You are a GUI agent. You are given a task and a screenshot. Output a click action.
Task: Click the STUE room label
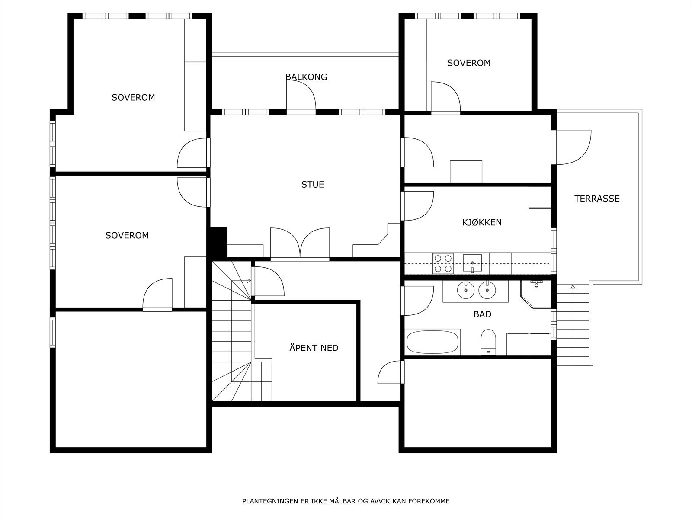tap(312, 184)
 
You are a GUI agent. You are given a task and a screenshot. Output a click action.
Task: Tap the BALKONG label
tap(306, 77)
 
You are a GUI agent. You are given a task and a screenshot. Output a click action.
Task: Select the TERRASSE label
tap(597, 199)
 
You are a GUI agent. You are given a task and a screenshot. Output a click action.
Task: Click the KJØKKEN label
tap(482, 222)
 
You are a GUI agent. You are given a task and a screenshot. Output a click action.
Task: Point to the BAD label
tap(482, 314)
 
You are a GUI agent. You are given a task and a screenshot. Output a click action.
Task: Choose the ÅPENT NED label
tap(314, 348)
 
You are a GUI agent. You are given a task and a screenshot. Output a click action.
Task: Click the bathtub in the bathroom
tap(432, 342)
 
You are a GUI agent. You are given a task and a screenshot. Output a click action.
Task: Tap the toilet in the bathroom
tap(488, 342)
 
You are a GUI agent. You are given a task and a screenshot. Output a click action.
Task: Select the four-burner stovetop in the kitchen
tap(443, 263)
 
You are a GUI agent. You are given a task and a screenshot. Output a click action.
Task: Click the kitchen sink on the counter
tap(472, 263)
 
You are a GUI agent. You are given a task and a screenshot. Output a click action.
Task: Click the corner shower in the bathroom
tap(535, 294)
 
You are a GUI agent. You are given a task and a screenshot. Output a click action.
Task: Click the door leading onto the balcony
tap(301, 96)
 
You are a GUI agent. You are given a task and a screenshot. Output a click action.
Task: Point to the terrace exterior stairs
tap(573, 325)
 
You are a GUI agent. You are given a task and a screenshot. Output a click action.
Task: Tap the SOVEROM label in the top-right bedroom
tap(469, 63)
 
